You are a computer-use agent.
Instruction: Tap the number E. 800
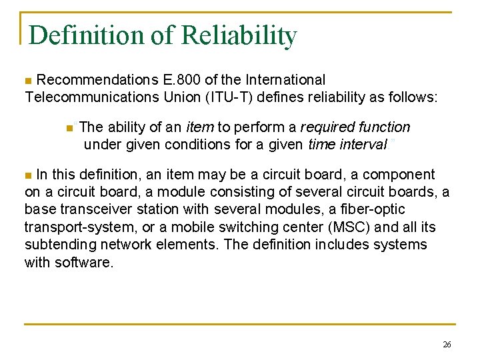[x=185, y=80]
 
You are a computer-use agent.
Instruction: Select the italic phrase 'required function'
[x=355, y=127]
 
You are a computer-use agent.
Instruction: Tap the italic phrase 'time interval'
[x=347, y=144]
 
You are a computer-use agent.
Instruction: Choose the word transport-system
[x=75, y=227]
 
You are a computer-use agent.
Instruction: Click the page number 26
[x=447, y=345]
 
